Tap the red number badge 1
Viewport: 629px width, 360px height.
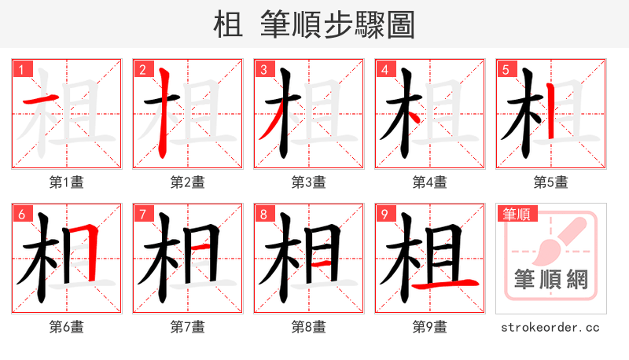(21, 69)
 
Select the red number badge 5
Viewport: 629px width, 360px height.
(506, 69)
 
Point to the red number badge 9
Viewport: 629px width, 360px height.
(384, 214)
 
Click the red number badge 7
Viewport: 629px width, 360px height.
(142, 214)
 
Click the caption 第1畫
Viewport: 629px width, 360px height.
(66, 182)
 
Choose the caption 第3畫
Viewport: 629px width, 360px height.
(308, 182)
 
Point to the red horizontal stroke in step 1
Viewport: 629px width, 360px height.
(40, 100)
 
